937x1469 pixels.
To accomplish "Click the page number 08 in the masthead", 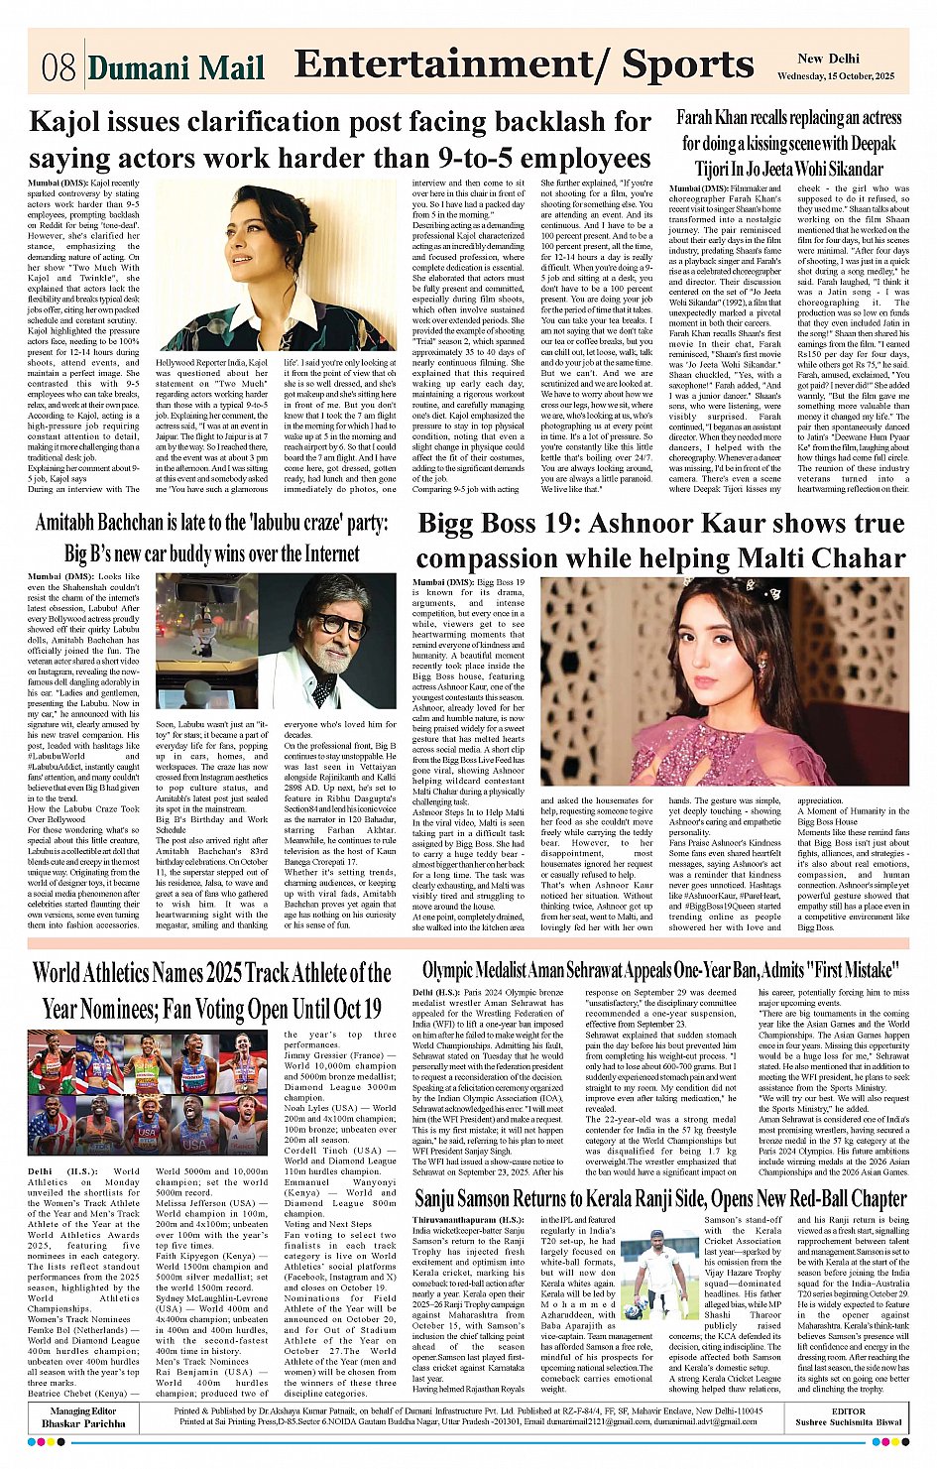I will point(59,67).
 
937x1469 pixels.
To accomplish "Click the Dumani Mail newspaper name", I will point(176,67).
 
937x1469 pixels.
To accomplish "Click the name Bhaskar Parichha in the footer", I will point(83,1423).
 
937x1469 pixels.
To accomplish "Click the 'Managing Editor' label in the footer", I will point(83,1410).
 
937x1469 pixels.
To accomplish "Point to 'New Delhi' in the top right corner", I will point(828,59).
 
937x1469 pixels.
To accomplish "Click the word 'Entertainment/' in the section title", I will point(452,64).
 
